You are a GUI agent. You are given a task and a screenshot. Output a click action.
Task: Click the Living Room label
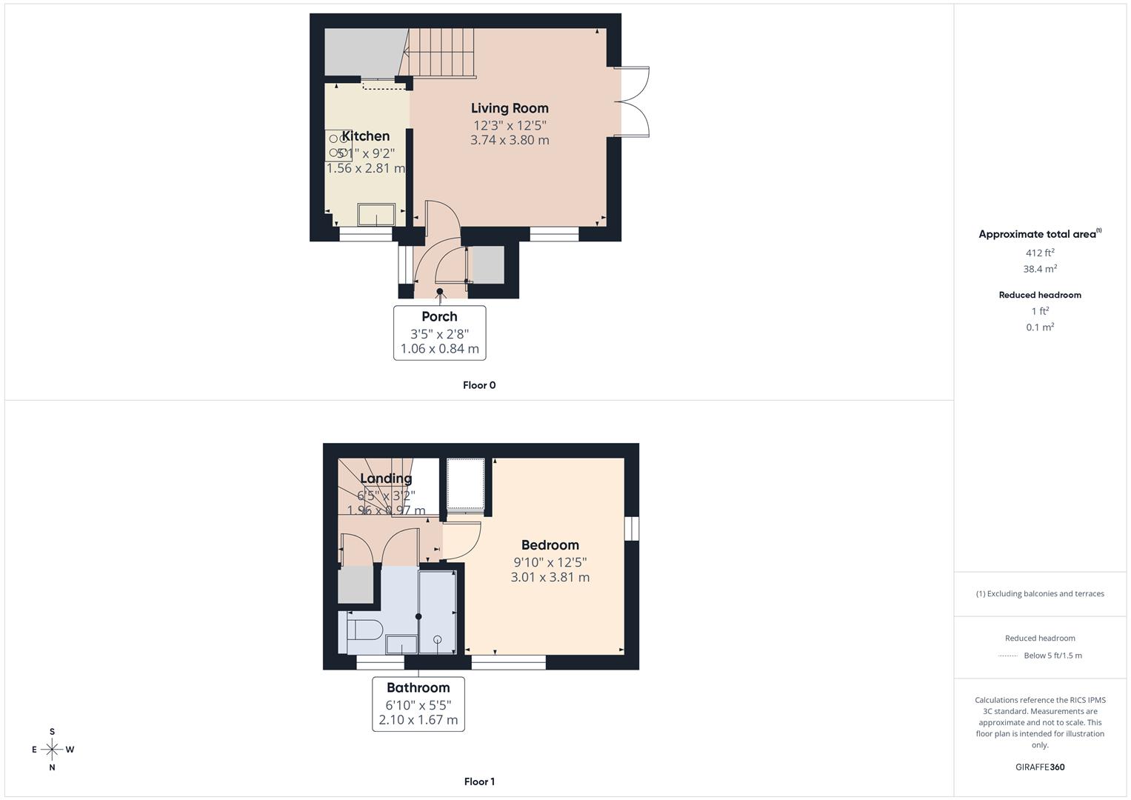click(510, 108)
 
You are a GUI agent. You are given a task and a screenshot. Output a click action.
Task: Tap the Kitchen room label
click(365, 136)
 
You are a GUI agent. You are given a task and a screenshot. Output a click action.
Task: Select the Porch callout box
click(439, 333)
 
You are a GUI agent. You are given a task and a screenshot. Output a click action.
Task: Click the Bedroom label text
click(550, 545)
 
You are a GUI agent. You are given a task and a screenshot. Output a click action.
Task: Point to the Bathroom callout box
click(418, 704)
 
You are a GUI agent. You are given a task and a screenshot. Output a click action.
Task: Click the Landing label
click(386, 479)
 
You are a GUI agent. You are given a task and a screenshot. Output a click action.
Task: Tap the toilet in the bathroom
click(364, 630)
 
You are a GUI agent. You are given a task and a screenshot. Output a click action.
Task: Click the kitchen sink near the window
click(376, 214)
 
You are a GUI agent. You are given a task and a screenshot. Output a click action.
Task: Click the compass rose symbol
click(52, 750)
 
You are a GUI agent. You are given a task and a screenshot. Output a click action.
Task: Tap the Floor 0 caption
click(479, 385)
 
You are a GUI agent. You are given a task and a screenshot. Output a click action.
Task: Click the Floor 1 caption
click(479, 781)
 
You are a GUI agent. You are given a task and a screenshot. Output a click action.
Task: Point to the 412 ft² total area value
click(1040, 253)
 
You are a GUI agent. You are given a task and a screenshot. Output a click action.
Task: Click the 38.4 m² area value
click(1040, 269)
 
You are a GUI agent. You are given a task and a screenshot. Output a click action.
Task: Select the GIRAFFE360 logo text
click(1040, 767)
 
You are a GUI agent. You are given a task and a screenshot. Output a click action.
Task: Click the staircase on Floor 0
click(441, 52)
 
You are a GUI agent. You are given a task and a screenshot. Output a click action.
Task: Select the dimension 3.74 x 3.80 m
click(510, 140)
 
